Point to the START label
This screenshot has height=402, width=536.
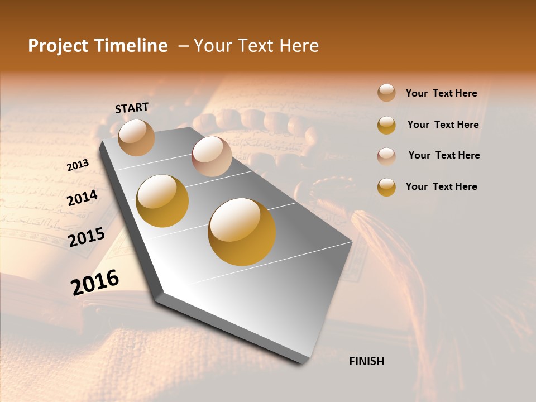[132, 107]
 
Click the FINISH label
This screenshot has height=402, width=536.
[366, 361]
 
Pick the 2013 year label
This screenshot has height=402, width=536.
[78, 165]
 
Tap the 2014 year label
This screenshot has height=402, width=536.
[82, 197]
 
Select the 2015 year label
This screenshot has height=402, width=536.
[87, 237]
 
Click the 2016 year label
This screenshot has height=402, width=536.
[95, 282]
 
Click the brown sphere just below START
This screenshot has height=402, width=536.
[137, 137]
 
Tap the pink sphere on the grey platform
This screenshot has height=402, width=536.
[212, 156]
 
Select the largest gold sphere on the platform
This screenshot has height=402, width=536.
[242, 232]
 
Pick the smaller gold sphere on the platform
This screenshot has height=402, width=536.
[162, 201]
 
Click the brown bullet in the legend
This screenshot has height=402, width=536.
[386, 93]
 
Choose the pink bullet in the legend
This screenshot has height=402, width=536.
[386, 156]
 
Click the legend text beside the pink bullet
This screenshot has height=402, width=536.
[444, 155]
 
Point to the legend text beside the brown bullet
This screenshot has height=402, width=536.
[441, 93]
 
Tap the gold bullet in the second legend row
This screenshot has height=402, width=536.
[386, 125]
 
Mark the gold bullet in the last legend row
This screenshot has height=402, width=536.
[386, 187]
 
